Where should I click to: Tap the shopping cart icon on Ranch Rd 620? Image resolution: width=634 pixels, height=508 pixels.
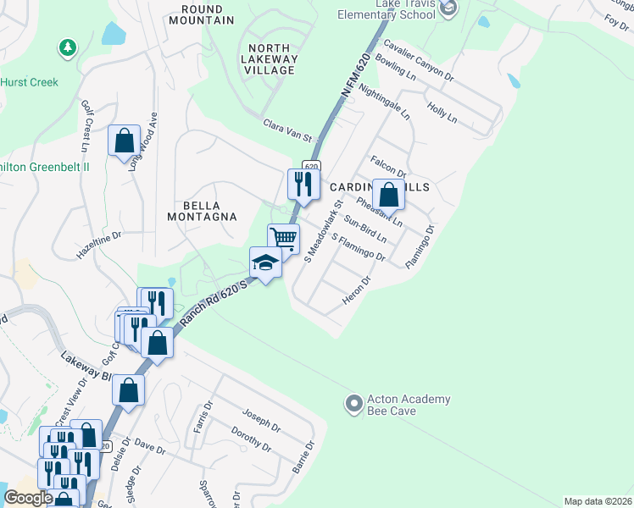284,237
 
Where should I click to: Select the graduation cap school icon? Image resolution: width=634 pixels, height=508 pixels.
264,263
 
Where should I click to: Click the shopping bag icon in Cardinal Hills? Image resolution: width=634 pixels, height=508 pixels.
388,195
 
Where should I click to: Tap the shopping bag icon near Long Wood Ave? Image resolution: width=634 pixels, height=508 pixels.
124,140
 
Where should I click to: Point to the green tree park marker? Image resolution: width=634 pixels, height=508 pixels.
67,49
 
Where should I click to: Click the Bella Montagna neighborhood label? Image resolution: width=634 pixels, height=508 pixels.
202,212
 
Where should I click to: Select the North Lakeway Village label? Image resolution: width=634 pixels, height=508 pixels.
268,59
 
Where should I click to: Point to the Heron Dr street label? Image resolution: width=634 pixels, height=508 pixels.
357,291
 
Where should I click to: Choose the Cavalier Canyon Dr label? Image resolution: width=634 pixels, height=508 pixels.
419,59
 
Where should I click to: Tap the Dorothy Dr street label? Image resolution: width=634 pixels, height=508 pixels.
251,439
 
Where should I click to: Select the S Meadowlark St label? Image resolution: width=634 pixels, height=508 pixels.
322,231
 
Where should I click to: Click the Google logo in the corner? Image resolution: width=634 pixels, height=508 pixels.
28,498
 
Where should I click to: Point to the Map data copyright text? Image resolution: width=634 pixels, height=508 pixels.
598,501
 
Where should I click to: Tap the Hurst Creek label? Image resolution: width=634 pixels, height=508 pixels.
29,82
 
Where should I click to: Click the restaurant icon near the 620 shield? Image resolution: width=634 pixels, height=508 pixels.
303,184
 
